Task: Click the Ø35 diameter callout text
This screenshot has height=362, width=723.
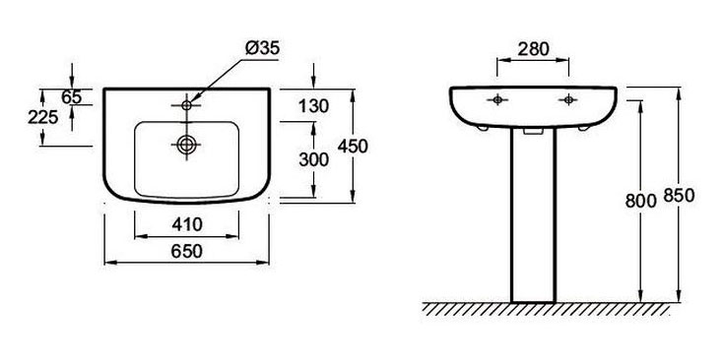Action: pyautogui.click(x=262, y=48)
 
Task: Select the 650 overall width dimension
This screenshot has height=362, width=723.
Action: pyautogui.click(x=187, y=251)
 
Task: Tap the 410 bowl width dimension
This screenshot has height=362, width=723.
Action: pyautogui.click(x=187, y=224)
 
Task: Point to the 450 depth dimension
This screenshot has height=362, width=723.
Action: pyautogui.click(x=353, y=146)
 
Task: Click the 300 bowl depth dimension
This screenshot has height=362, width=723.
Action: pyautogui.click(x=313, y=159)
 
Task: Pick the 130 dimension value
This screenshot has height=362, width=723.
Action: pyautogui.click(x=313, y=106)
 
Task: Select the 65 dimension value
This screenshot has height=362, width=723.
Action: pyautogui.click(x=72, y=97)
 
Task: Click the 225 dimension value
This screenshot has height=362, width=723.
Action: pyautogui.click(x=43, y=117)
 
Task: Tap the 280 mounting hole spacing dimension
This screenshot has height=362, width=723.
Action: pyautogui.click(x=533, y=49)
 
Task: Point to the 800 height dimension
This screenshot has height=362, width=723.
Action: pyautogui.click(x=640, y=201)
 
